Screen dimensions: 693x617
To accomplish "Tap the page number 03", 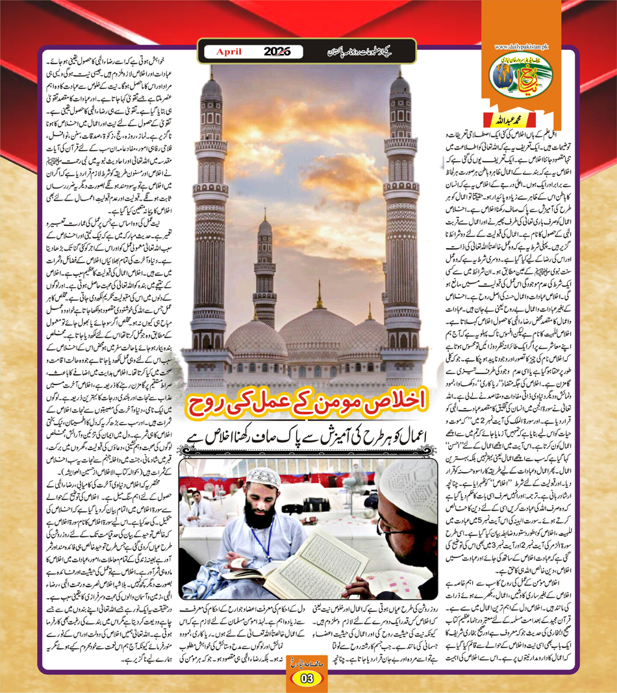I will pos(307,679).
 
